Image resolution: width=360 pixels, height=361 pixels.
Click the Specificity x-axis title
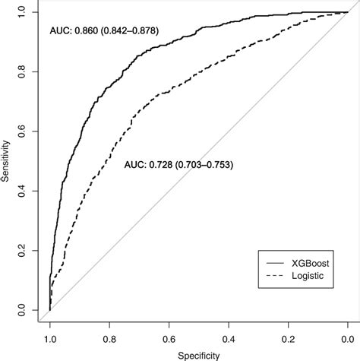click(x=198, y=354)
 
